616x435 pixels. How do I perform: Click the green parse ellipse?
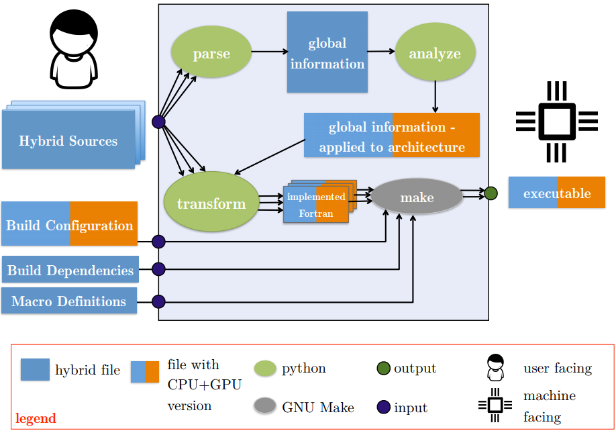coord(211,52)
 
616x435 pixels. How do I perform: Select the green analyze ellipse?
coord(435,52)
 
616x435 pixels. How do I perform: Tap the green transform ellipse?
coord(211,201)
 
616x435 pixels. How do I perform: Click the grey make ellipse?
coord(417,196)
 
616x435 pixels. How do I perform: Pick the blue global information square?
coord(327,52)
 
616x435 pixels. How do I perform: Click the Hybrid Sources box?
coord(68,140)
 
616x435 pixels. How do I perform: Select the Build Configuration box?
coord(70,224)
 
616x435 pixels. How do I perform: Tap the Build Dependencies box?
coord(70,269)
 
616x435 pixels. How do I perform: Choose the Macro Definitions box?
coord(69,300)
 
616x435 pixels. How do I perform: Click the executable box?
coord(557,192)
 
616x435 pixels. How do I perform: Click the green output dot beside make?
coord(491,193)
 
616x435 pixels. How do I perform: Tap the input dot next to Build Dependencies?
coord(158,269)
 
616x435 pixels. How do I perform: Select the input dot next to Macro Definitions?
coord(158,301)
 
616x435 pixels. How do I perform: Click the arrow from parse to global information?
coord(270,52)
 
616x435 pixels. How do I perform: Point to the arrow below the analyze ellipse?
coord(435,97)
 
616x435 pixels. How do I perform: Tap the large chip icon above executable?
coord(557,122)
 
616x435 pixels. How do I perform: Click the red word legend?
coord(36,418)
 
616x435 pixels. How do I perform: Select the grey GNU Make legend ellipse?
coord(265,405)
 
